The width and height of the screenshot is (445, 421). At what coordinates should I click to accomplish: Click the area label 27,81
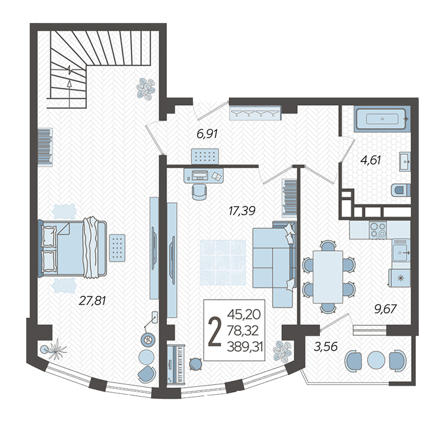pyautogui.click(x=92, y=300)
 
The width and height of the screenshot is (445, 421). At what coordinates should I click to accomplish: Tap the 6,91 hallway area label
pyautogui.click(x=207, y=133)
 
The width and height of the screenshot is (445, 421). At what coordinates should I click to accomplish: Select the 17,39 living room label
pyautogui.click(x=241, y=210)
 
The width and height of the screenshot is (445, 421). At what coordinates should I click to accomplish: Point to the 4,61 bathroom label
pyautogui.click(x=370, y=160)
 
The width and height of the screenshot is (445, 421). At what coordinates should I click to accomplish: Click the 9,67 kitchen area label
pyautogui.click(x=385, y=309)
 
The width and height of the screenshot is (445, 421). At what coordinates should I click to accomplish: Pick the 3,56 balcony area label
pyautogui.click(x=325, y=346)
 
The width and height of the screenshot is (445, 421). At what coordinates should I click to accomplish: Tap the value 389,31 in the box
pyautogui.click(x=245, y=347)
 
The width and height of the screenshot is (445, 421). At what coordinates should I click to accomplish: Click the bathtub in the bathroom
pyautogui.click(x=382, y=119)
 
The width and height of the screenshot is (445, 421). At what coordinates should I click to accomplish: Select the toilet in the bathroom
pyautogui.click(x=400, y=190)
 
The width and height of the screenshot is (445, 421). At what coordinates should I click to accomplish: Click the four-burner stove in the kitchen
pyautogui.click(x=378, y=230)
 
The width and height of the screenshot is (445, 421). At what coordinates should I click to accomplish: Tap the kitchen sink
pyautogui.click(x=401, y=250)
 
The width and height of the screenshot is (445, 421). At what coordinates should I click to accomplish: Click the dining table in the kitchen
pyautogui.click(x=328, y=277)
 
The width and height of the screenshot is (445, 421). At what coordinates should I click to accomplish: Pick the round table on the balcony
pyautogui.click(x=376, y=360)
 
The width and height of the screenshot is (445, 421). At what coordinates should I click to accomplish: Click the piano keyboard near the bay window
pyautogui.click(x=175, y=365)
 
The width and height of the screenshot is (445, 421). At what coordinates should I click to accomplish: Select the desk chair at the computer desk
pyautogui.click(x=199, y=191)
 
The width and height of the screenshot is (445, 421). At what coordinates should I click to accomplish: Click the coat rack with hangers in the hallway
pyautogui.click(x=255, y=113)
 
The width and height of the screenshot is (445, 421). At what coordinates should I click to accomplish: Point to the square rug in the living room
pyautogui.click(x=222, y=262)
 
